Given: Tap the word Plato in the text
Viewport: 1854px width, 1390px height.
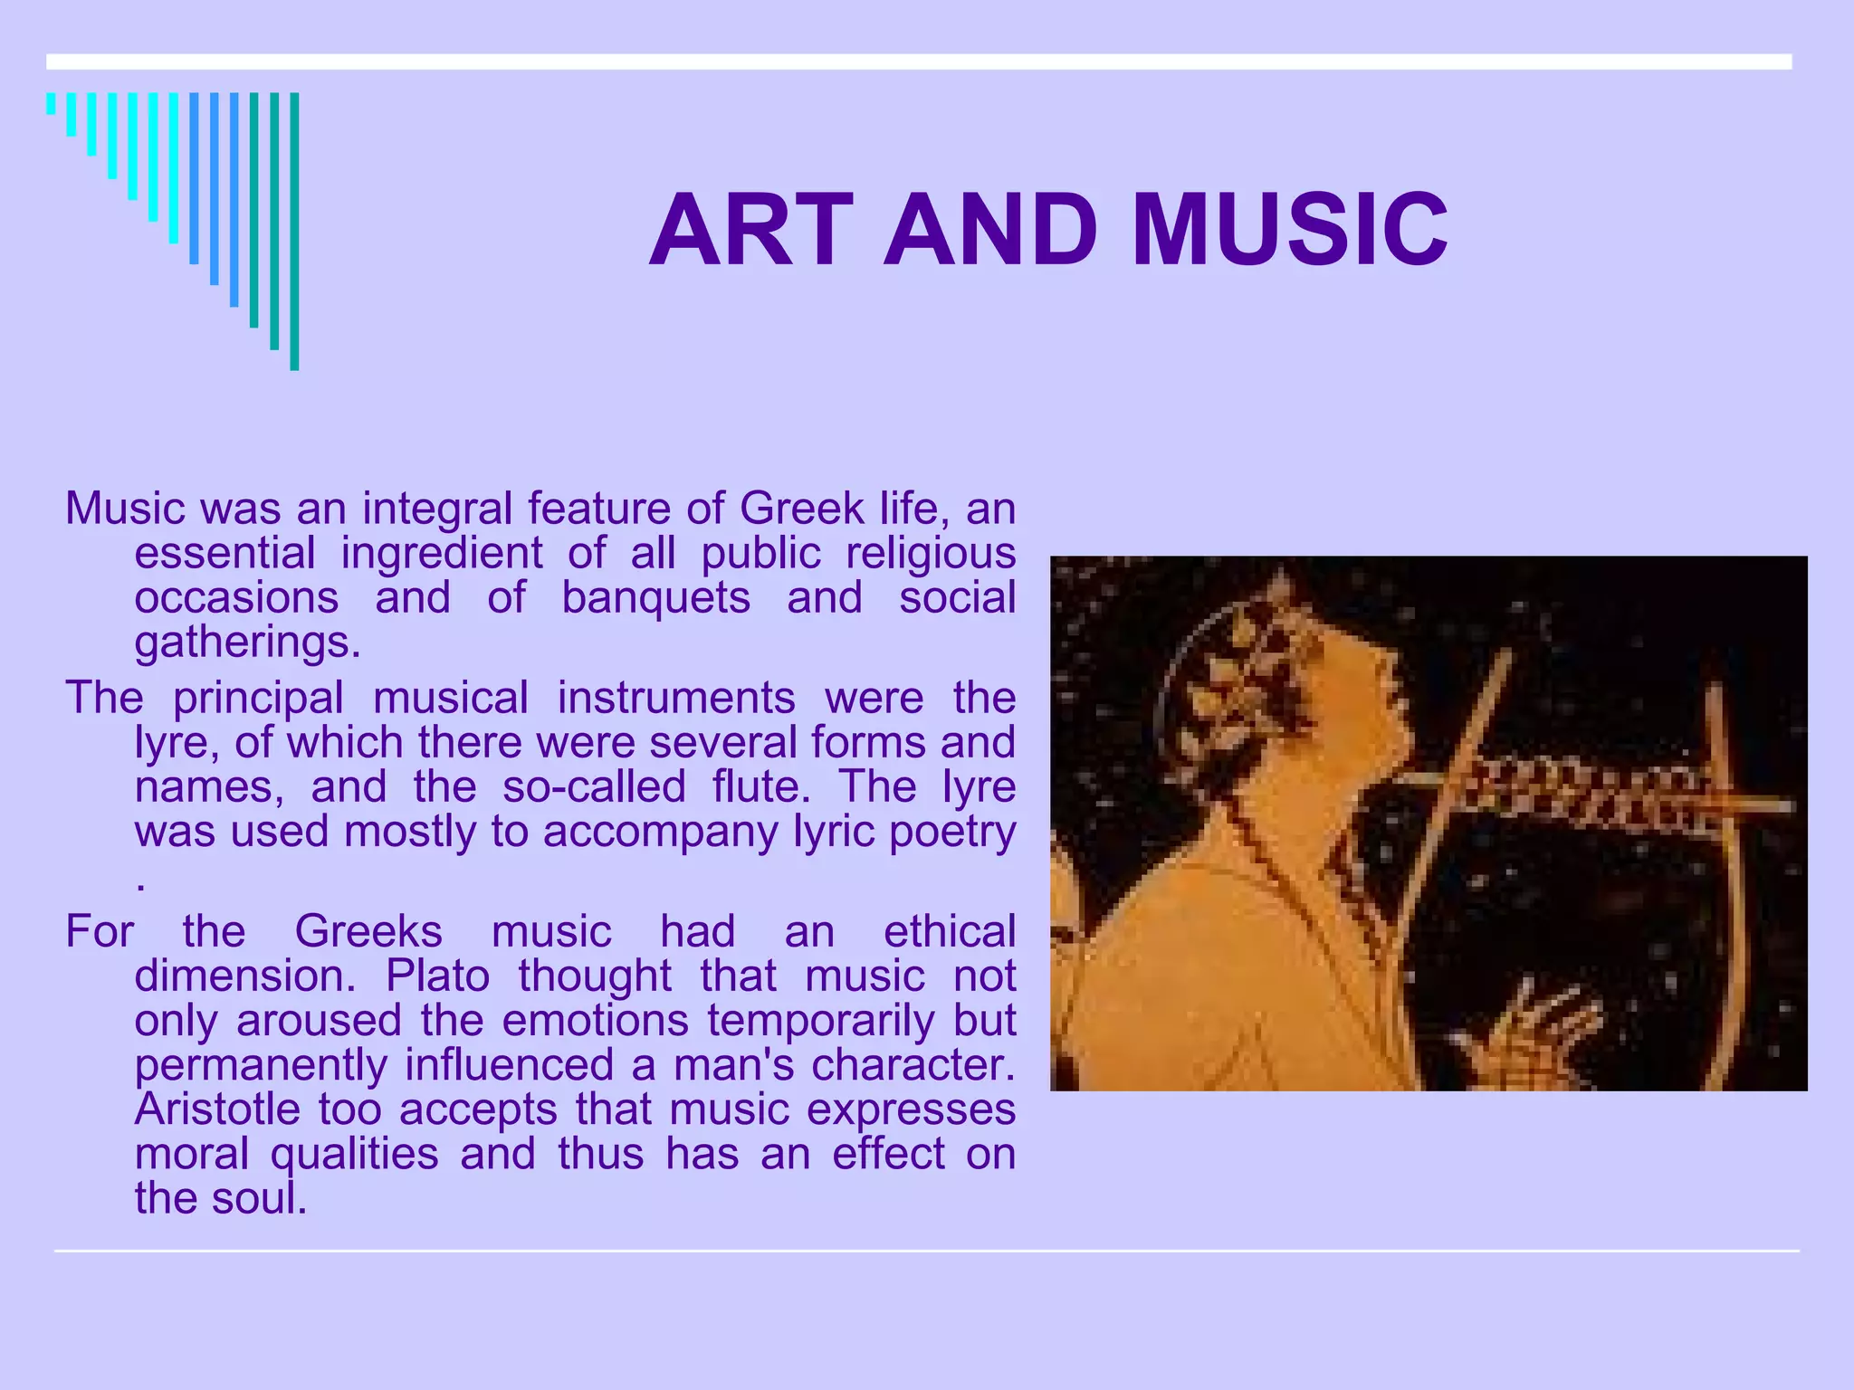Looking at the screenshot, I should coord(437,976).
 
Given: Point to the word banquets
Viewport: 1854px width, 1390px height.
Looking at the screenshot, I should coord(655,597).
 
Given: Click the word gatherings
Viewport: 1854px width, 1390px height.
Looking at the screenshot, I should coord(247,642).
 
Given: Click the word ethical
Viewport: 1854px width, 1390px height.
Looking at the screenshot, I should coord(950,931).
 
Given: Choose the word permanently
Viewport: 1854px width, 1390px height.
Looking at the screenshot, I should coord(261,1064).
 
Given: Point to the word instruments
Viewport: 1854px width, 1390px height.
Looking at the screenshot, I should coord(675,698).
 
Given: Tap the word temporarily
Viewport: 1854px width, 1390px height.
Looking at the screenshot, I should coord(821,1020).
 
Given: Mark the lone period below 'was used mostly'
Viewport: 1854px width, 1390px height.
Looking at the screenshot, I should coord(140,885).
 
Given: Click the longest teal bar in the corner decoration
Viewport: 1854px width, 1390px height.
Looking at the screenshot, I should coord(294,232).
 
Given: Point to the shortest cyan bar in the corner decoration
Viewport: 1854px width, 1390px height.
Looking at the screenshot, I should coord(52,103).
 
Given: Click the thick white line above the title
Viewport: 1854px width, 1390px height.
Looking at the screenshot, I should coord(919,62).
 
